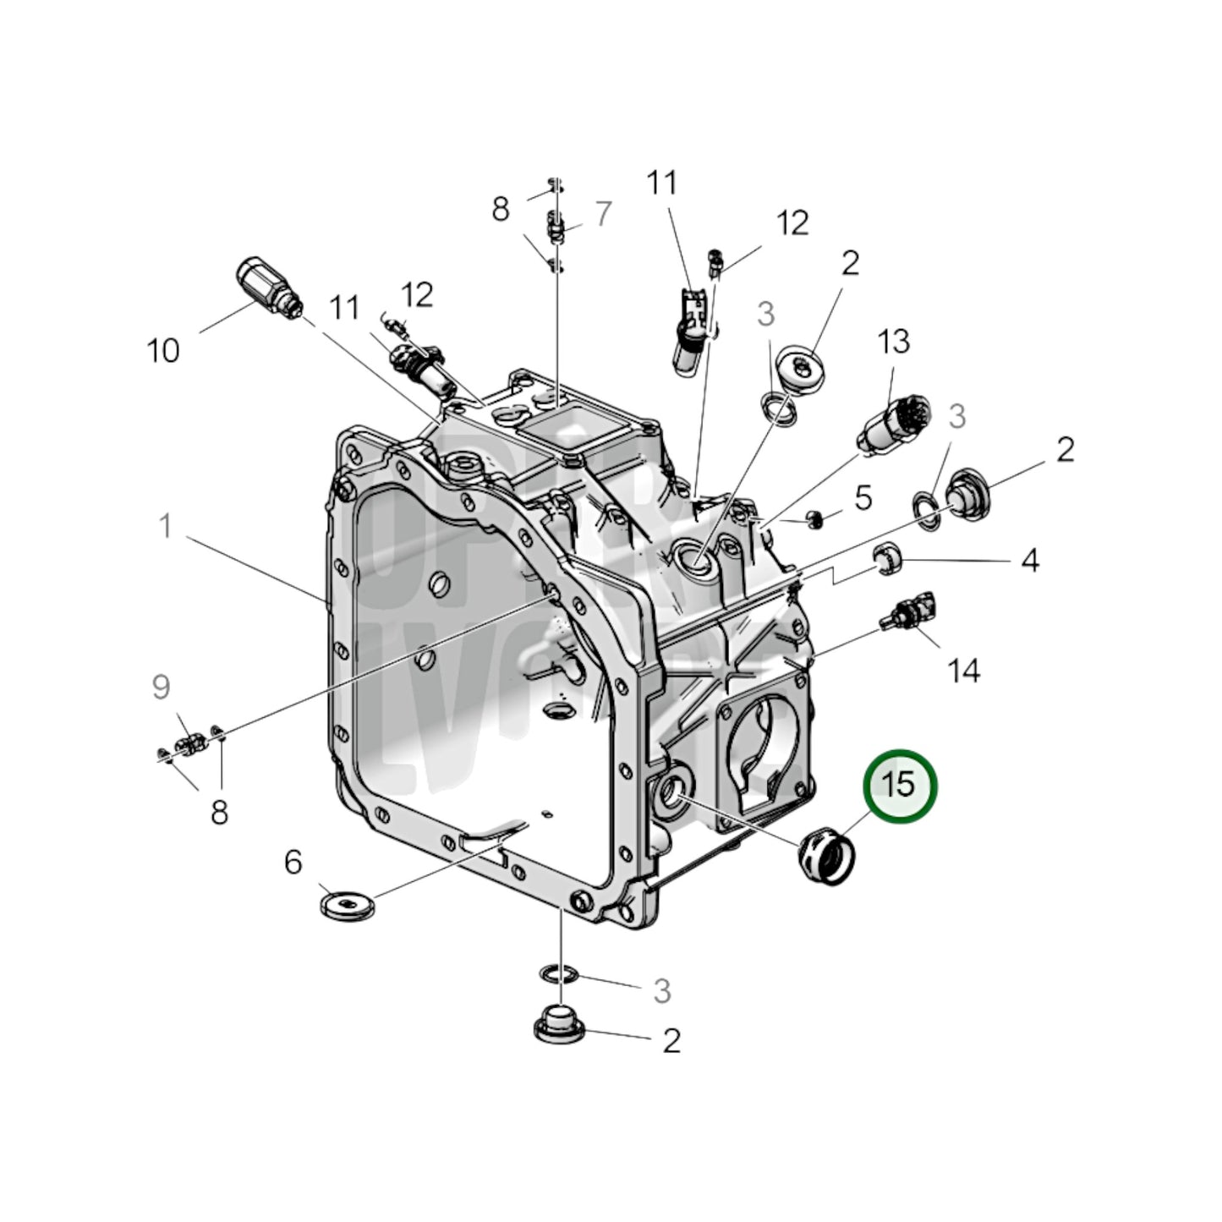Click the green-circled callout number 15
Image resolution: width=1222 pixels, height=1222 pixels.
click(x=899, y=785)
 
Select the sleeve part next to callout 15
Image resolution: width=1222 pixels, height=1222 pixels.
click(x=826, y=856)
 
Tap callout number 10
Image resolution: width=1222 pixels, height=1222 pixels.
click(x=163, y=349)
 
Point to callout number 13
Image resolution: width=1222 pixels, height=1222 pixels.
click(x=893, y=341)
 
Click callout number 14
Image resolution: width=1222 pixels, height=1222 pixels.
click(x=963, y=671)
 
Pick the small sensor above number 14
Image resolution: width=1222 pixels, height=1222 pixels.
click(x=909, y=610)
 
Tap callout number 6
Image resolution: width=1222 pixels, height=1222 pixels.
click(x=293, y=863)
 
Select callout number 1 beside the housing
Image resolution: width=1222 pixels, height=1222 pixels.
click(x=167, y=526)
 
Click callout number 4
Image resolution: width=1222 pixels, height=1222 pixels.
click(x=1028, y=560)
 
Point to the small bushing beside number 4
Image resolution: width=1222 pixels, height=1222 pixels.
click(x=888, y=559)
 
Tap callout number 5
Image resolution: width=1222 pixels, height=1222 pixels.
click(x=862, y=498)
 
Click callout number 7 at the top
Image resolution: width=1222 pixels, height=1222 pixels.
click(x=602, y=214)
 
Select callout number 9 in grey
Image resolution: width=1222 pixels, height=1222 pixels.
click(x=161, y=688)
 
